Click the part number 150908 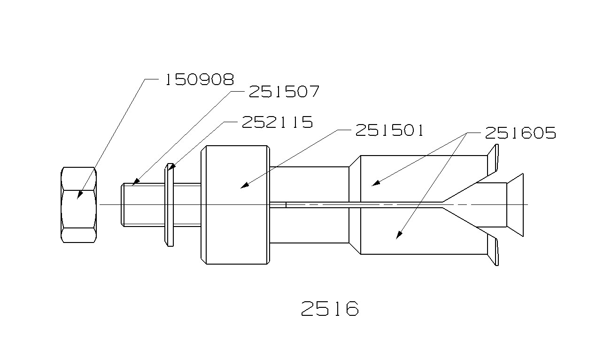[x=198, y=79]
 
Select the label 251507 [x=284, y=91]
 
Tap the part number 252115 [x=277, y=122]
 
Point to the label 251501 [x=389, y=130]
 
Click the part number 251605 [x=520, y=133]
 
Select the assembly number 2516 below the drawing [x=330, y=309]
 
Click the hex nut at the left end [x=78, y=205]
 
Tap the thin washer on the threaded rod [x=170, y=205]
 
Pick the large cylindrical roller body [x=235, y=205]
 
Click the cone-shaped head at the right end [x=514, y=205]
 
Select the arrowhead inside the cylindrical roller [x=243, y=186]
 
